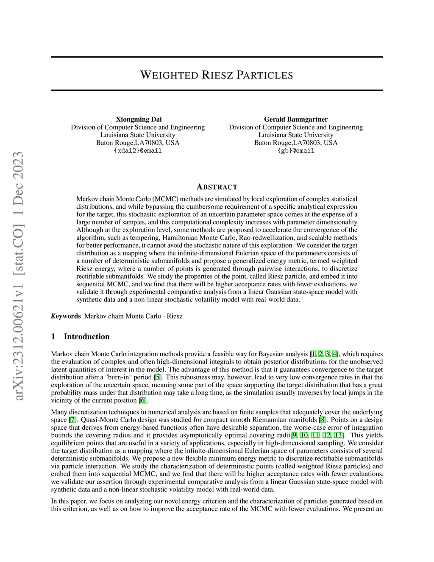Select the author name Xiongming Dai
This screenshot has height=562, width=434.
pyautogui.click(x=139, y=119)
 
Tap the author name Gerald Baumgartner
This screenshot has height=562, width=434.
pyautogui.click(x=296, y=119)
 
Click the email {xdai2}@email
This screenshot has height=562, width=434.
pyautogui.click(x=138, y=151)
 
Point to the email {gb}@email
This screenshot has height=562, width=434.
pyautogui.click(x=296, y=151)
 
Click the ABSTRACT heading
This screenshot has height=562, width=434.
pyautogui.click(x=217, y=187)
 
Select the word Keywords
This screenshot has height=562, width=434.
pyautogui.click(x=66, y=316)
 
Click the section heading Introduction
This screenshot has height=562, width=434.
pyautogui.click(x=86, y=337)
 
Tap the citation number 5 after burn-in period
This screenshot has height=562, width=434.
pyautogui.click(x=157, y=377)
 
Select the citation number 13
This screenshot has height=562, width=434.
pyautogui.click(x=339, y=436)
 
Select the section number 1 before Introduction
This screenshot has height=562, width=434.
pyautogui.click(x=53, y=337)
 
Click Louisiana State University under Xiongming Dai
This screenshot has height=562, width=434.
pyautogui.click(x=138, y=135)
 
